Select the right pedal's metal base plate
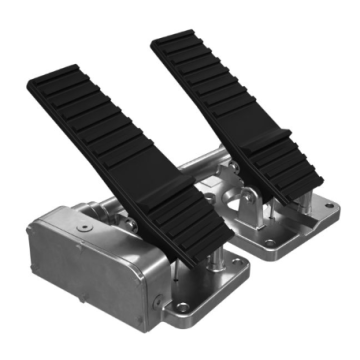[290, 230]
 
